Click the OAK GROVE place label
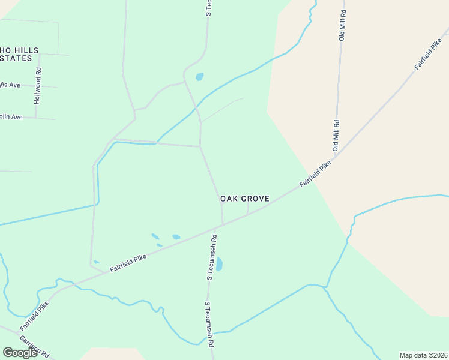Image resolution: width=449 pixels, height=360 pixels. coord(244,198)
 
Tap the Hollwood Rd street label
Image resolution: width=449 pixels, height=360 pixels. coord(38,86)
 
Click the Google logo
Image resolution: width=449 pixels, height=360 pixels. coord(20,353)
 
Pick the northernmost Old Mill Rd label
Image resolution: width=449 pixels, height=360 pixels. coord(343,25)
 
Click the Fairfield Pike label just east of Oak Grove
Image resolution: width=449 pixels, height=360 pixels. coord(316,174)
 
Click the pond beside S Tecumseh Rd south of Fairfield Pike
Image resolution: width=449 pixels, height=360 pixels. coord(219,264)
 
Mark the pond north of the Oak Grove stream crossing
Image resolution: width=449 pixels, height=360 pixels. coord(199,77)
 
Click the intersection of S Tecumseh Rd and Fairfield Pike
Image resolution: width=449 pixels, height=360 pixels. coord(223,225)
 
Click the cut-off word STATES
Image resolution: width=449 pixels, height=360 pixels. coord(16,58)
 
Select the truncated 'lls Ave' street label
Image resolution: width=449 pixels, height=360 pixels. coord(10,85)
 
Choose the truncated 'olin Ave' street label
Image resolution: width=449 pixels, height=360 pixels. coord(11,116)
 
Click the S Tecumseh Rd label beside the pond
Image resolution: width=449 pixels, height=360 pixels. coord(212,257)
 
